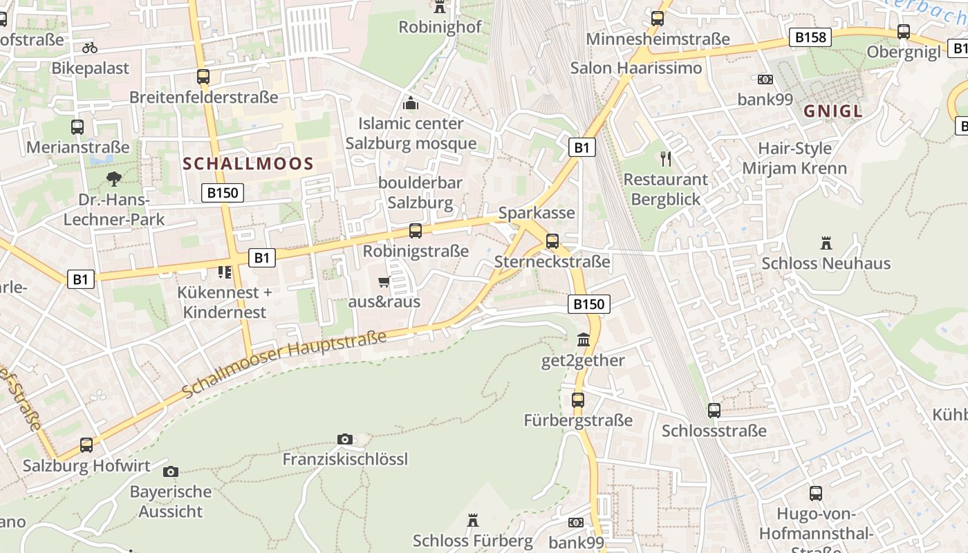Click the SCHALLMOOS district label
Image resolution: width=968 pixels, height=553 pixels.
[x=248, y=164]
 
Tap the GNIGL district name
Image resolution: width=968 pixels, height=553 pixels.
[x=833, y=111]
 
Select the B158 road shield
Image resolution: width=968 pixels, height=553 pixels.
[x=810, y=37]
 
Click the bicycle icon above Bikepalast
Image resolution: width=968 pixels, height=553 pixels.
[x=90, y=48]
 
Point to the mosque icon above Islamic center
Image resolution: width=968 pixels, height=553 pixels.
[x=411, y=104]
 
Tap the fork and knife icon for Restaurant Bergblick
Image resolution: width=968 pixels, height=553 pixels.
[x=666, y=159]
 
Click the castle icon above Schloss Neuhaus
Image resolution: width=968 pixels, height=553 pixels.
[x=826, y=243]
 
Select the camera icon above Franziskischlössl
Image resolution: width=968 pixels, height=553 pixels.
[x=344, y=439]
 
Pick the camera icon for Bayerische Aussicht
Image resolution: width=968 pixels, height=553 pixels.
[x=171, y=471]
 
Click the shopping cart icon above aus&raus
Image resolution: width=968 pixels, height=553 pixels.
[x=384, y=281]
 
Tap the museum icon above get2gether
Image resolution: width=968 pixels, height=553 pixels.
[x=584, y=340]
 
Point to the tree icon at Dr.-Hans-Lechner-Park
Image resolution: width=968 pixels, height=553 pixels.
[x=113, y=179]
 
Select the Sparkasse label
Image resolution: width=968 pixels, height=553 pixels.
[x=537, y=212]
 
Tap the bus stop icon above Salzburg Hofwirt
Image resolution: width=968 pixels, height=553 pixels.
[x=86, y=444]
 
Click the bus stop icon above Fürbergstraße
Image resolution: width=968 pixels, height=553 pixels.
[x=578, y=400]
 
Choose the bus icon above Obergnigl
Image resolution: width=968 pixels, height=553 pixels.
[x=903, y=31]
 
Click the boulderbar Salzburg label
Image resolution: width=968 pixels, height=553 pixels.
[x=420, y=193]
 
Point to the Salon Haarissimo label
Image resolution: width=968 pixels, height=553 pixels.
[x=636, y=68]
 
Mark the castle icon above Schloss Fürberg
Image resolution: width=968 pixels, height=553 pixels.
[x=473, y=520]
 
